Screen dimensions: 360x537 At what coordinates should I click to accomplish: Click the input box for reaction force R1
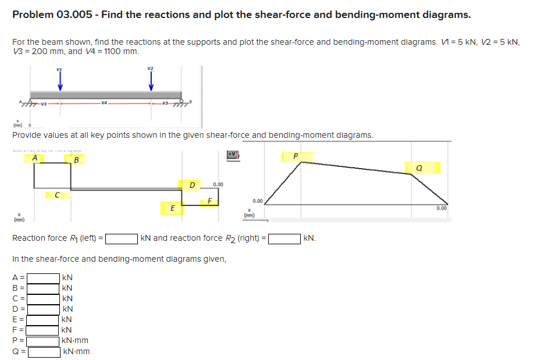coord(120,238)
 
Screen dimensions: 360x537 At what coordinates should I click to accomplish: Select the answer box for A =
coord(44,277)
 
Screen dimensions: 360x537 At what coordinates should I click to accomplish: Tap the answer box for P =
coord(44,341)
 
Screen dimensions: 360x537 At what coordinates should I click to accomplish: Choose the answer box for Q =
coord(44,351)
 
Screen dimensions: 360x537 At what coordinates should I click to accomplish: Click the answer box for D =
coord(44,309)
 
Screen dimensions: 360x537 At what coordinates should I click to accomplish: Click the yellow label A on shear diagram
coord(35,157)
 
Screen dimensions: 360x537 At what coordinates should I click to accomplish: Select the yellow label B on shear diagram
coord(76,159)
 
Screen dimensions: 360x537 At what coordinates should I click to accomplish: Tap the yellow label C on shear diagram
coord(56,195)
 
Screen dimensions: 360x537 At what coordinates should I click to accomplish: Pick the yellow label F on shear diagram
coord(208,201)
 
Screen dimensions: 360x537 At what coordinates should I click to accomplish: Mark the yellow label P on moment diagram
coord(296,156)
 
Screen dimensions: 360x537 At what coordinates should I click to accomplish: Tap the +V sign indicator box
coord(233,154)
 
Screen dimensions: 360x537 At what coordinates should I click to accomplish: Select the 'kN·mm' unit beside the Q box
coord(76,351)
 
